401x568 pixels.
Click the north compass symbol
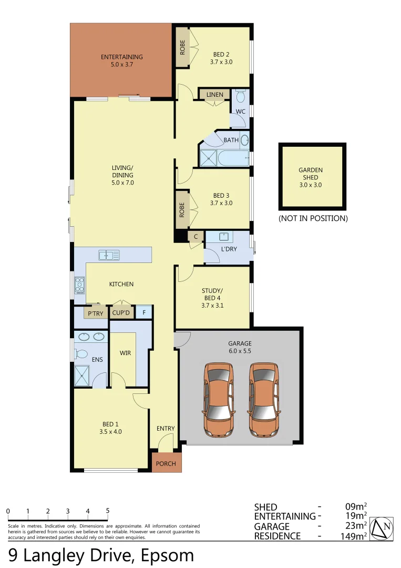(x=382, y=528)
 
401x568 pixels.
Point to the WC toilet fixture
(x=241, y=97)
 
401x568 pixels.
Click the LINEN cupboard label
(x=214, y=95)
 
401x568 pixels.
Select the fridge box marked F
(x=144, y=313)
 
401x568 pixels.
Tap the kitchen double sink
(x=109, y=256)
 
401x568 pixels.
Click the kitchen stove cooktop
(x=80, y=285)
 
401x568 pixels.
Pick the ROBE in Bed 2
(x=182, y=47)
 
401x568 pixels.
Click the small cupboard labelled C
(x=196, y=237)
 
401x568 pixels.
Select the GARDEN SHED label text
(x=311, y=174)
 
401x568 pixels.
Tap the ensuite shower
(x=83, y=376)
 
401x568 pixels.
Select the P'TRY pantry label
(x=95, y=313)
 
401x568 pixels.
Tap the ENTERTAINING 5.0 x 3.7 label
(x=121, y=61)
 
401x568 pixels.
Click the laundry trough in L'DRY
(x=223, y=237)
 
